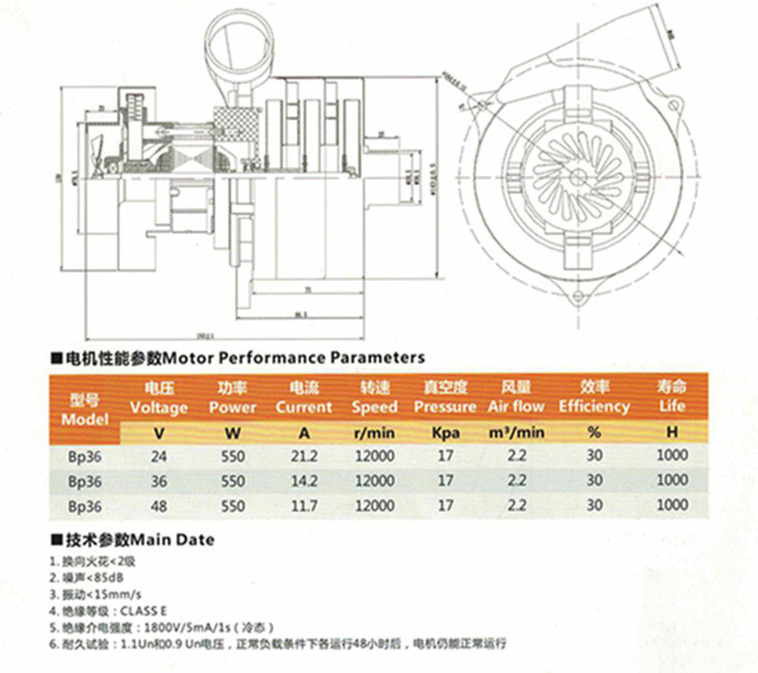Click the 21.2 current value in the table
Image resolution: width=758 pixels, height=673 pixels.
(x=304, y=455)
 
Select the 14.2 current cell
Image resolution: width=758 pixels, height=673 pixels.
(x=304, y=480)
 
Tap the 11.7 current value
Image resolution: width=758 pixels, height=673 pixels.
(x=304, y=505)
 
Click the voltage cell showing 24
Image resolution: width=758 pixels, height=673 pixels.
(x=159, y=455)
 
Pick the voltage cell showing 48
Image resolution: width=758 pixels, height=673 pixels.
(x=159, y=505)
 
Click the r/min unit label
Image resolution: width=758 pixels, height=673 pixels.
(x=374, y=432)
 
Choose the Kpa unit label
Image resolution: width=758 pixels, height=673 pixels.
(x=445, y=432)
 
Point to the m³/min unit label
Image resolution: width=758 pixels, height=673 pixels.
(x=516, y=432)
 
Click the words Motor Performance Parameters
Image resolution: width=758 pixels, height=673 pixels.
(x=294, y=358)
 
